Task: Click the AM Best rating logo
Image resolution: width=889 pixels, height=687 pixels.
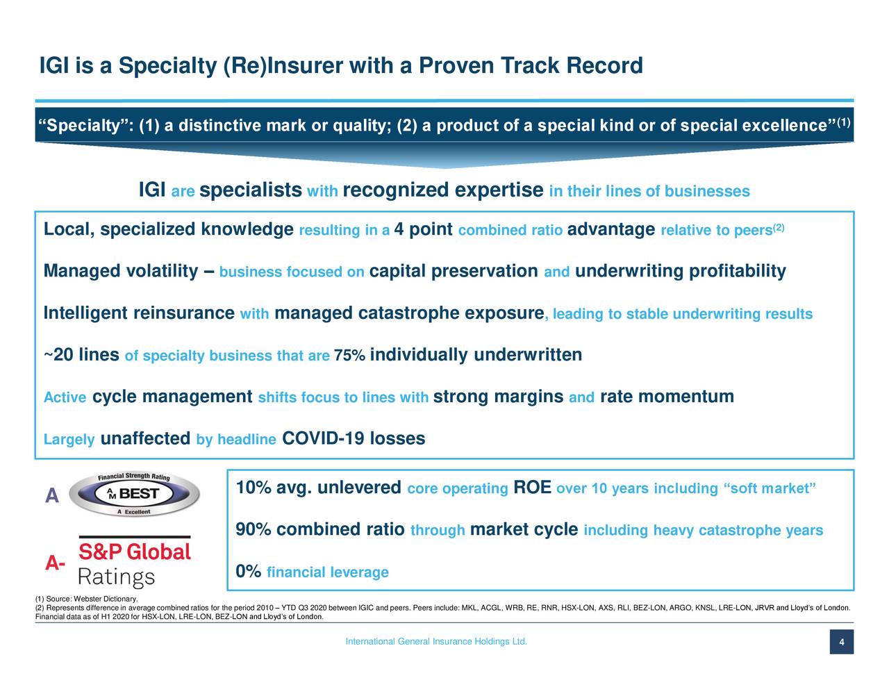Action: pyautogui.click(x=134, y=494)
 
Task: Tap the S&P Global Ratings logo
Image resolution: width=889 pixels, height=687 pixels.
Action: pyautogui.click(x=134, y=561)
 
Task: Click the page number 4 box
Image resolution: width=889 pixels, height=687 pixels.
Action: pyautogui.click(x=842, y=642)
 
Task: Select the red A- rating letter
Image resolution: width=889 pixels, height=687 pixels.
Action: pyautogui.click(x=55, y=563)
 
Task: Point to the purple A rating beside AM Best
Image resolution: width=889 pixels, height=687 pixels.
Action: pyautogui.click(x=52, y=495)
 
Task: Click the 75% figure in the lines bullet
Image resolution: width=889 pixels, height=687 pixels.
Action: pyautogui.click(x=349, y=355)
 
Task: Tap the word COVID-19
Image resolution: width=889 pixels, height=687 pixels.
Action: pyautogui.click(x=323, y=438)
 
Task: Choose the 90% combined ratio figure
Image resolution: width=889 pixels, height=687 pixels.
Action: pyautogui.click(x=254, y=529)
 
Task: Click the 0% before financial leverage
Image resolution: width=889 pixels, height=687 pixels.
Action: pyautogui.click(x=249, y=571)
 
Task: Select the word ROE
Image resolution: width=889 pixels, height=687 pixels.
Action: pyautogui.click(x=532, y=488)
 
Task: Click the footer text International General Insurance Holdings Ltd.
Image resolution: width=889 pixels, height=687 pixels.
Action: pyautogui.click(x=436, y=642)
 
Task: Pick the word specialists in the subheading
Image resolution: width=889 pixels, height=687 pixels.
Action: pyautogui.click(x=250, y=190)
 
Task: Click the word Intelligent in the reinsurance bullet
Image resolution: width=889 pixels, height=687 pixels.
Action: pyautogui.click(x=85, y=313)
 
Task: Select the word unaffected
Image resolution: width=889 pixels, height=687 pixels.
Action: pyautogui.click(x=145, y=438)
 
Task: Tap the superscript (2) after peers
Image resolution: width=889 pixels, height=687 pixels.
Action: pyautogui.click(x=778, y=227)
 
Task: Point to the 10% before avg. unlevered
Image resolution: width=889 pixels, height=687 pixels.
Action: pyautogui.click(x=254, y=488)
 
